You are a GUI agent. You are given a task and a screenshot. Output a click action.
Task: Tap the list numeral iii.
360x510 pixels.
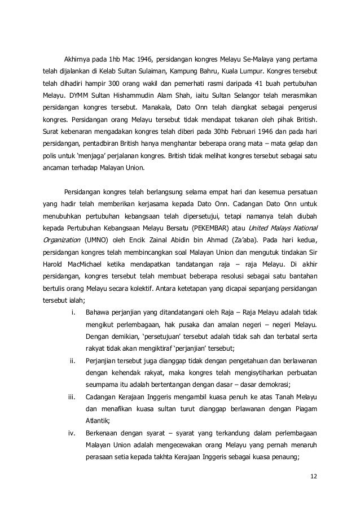pos(72,398)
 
